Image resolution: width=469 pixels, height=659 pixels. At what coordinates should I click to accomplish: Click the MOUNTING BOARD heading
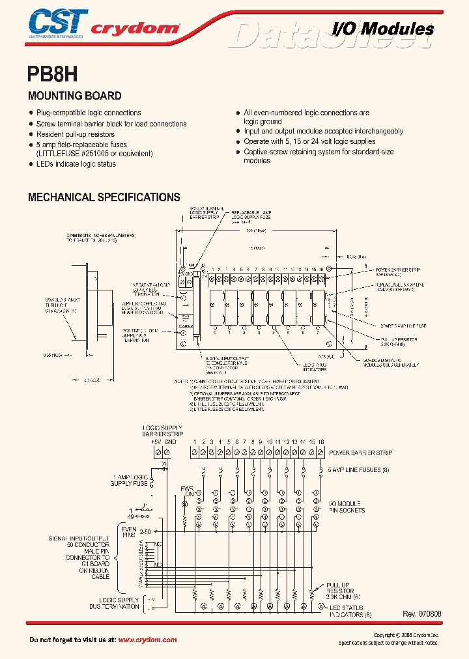click(74, 96)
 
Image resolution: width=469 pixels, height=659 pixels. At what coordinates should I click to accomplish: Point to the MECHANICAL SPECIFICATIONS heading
click(104, 197)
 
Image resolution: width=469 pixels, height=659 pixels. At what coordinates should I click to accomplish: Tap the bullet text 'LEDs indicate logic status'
click(76, 164)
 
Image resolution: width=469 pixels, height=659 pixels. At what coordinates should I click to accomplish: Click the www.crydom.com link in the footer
click(147, 640)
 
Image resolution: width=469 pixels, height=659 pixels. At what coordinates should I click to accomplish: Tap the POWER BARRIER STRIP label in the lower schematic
click(360, 452)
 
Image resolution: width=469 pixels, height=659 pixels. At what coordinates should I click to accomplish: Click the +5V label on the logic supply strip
click(155, 442)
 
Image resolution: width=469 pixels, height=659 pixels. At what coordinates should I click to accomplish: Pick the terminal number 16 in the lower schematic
click(320, 442)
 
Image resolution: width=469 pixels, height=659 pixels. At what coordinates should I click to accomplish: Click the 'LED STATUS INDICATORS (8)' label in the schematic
click(350, 609)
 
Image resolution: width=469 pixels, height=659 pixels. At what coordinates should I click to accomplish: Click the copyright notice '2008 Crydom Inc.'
click(416, 635)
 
